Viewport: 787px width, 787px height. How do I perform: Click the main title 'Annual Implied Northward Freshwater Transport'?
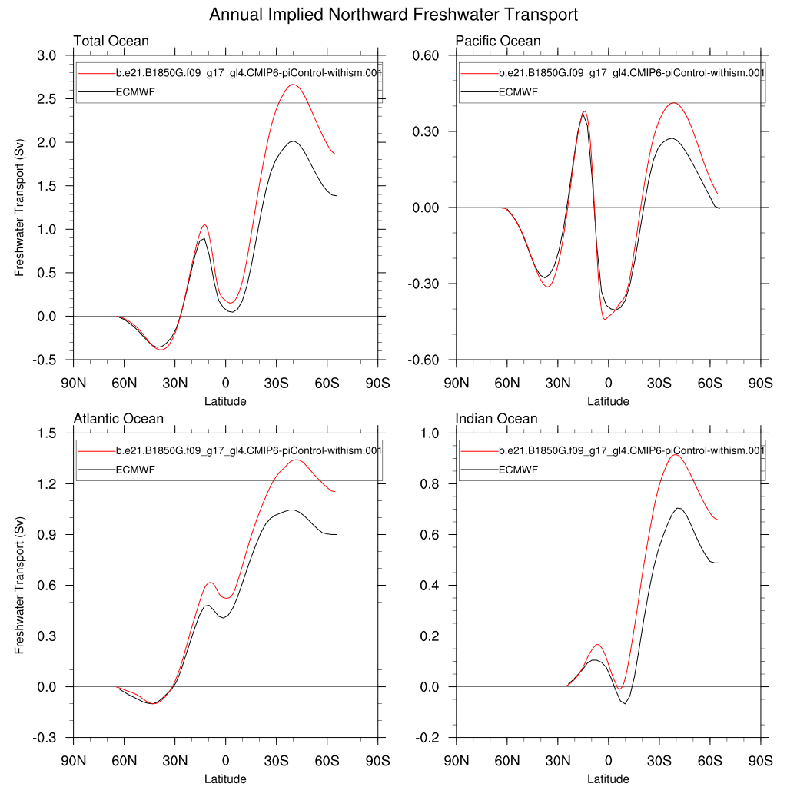tap(393, 15)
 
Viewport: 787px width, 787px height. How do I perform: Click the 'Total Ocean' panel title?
tap(111, 41)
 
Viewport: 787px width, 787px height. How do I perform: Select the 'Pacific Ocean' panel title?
tap(498, 41)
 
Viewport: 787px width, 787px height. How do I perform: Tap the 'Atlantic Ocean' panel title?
tap(118, 419)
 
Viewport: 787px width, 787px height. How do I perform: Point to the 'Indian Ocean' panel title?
tap(496, 419)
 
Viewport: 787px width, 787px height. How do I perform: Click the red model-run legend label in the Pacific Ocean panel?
tap(631, 73)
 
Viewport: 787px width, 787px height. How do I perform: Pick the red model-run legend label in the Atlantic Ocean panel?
tap(248, 450)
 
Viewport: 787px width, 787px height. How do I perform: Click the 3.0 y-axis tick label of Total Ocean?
tap(47, 56)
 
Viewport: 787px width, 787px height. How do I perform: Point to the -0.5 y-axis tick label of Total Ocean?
tap(45, 360)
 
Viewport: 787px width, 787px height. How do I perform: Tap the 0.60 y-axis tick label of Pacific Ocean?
tap(424, 56)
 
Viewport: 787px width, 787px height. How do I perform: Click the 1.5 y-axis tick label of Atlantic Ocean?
tap(47, 433)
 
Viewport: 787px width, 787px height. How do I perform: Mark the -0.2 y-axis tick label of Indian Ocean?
tap(427, 738)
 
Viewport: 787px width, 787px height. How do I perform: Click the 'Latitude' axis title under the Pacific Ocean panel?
tap(608, 401)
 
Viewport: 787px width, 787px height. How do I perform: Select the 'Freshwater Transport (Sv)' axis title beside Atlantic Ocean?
tap(19, 585)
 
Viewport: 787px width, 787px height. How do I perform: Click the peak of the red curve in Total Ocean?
tap(292, 85)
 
